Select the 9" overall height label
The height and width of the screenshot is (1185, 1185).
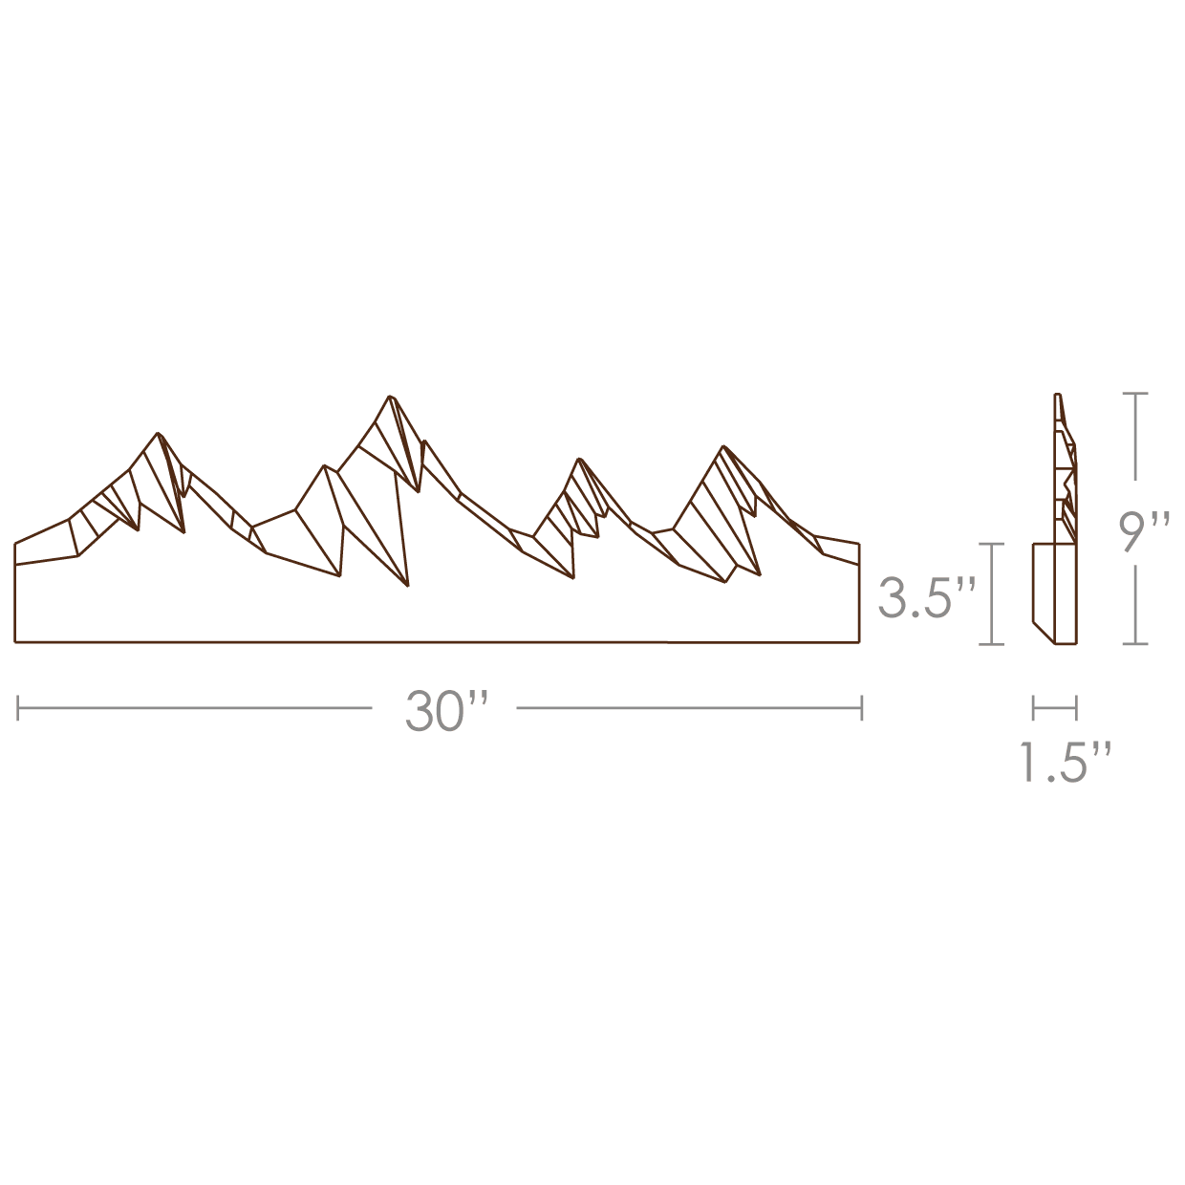click(x=1145, y=531)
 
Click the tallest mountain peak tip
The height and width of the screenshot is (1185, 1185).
click(x=389, y=396)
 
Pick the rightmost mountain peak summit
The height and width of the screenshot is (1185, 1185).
click(x=723, y=446)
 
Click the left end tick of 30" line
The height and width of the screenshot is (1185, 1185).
click(x=18, y=708)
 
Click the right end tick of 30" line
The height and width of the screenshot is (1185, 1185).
click(x=862, y=708)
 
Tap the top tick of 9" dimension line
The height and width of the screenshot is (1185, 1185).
click(x=1134, y=394)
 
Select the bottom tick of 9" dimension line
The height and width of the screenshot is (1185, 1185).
click(x=1134, y=643)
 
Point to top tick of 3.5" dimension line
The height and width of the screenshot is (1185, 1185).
click(x=993, y=543)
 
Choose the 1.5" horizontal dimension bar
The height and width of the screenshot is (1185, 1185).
click(x=1054, y=708)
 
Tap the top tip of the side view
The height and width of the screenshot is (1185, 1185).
click(x=1058, y=395)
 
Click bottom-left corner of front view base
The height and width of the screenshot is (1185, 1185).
click(x=15, y=642)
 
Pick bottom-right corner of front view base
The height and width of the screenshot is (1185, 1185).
click(x=858, y=642)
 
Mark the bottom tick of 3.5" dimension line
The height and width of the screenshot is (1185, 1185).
click(x=993, y=644)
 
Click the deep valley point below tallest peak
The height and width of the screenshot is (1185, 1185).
click(x=408, y=584)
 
